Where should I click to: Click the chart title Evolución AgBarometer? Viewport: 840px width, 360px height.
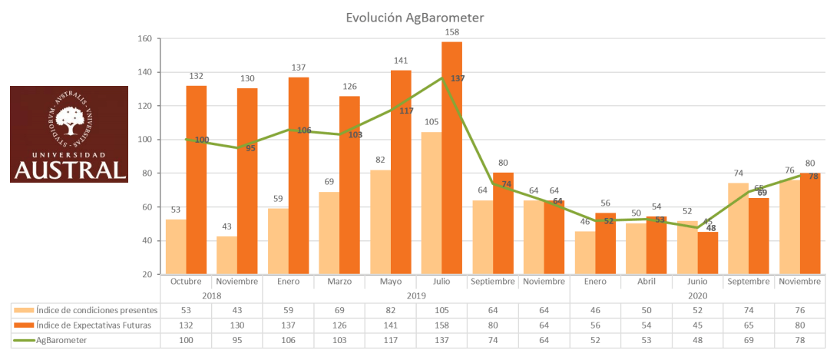[x=415, y=17]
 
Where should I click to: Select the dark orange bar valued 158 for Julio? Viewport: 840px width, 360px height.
[x=452, y=157]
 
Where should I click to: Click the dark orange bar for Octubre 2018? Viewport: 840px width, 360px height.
[x=196, y=180]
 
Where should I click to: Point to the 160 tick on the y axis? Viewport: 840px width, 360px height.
[x=145, y=38]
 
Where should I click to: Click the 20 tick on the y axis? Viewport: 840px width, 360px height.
[x=147, y=274]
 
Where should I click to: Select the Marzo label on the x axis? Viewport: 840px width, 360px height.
[x=339, y=282]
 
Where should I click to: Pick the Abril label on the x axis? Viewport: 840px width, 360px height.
[x=646, y=282]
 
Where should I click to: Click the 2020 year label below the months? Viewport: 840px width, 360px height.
[x=697, y=296]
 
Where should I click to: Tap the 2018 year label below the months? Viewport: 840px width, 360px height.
[x=211, y=296]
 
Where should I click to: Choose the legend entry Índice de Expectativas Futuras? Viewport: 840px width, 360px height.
[x=91, y=324]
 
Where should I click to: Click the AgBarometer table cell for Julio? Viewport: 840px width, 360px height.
[x=441, y=339]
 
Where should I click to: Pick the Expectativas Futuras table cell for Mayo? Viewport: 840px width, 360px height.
[x=391, y=324]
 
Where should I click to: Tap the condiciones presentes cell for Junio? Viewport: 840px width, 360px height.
[x=697, y=310]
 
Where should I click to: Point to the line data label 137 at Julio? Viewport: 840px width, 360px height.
[x=458, y=78]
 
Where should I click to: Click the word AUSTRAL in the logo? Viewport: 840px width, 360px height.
[x=69, y=169]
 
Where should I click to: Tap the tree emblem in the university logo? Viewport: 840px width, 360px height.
[x=70, y=119]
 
